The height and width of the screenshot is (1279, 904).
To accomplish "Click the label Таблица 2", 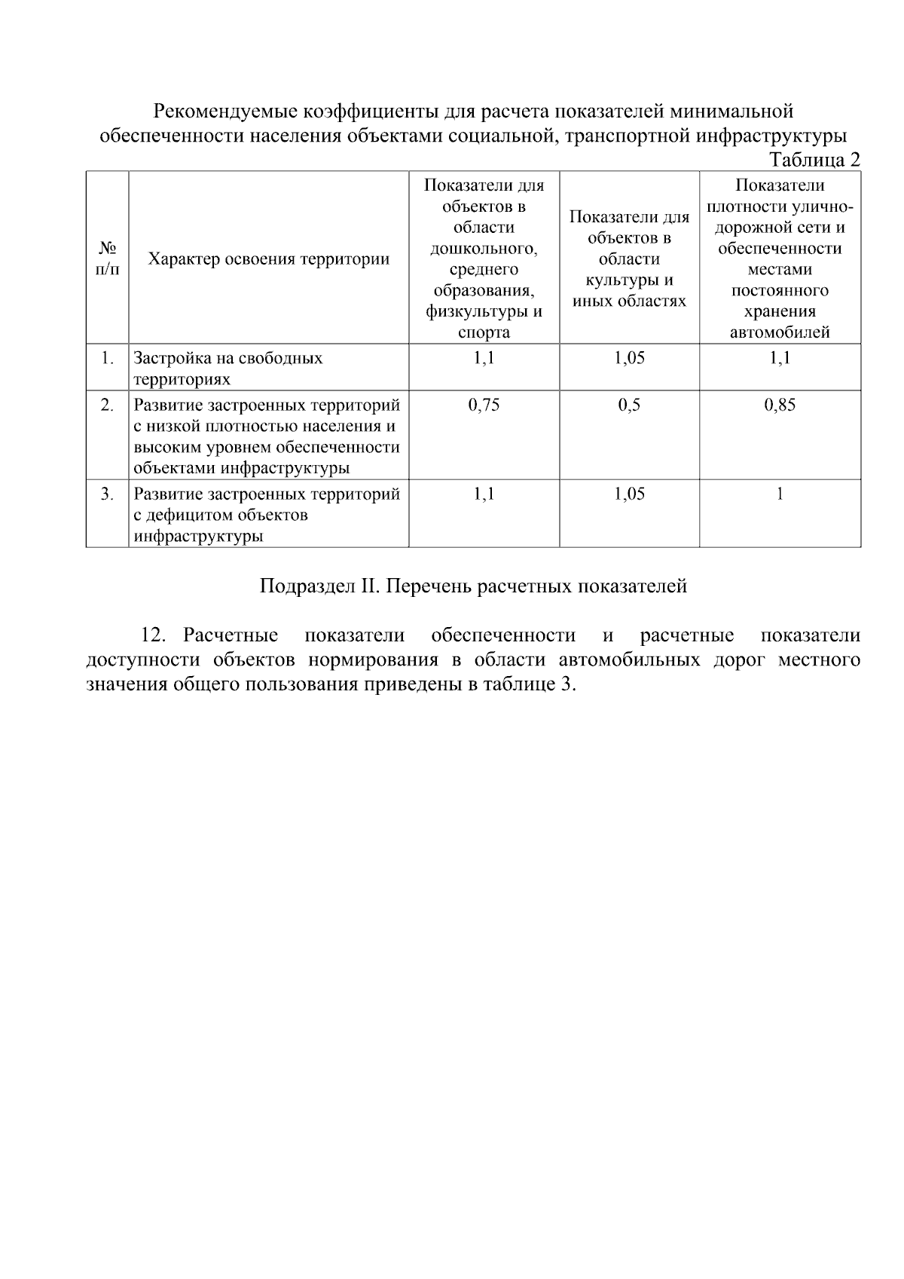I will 814,160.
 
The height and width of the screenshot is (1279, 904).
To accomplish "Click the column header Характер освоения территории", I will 268,259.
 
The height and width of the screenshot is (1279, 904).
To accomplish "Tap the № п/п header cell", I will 107,259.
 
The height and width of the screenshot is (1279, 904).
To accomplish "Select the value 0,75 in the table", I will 484,405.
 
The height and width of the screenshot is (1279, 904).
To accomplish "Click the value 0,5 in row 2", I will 629,405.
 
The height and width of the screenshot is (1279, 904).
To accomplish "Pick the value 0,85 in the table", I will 780,405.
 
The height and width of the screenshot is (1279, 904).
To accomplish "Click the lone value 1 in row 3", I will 780,494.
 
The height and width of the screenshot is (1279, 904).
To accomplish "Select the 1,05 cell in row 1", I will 629,358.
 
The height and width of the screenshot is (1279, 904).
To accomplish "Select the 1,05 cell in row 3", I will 629,494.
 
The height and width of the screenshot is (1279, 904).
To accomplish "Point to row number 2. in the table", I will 108,405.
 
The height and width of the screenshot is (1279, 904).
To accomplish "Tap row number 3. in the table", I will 108,494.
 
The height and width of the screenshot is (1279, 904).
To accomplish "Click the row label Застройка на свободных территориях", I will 228,368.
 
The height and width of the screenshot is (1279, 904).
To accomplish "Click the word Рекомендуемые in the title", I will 225,112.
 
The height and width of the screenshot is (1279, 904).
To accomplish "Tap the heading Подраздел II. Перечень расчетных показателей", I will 473,586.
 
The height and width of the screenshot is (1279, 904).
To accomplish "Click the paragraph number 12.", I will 153,635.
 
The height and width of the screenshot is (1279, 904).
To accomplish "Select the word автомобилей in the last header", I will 780,332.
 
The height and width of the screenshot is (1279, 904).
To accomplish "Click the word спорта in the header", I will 484,332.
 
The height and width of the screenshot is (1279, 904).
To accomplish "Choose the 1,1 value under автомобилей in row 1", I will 780,358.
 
